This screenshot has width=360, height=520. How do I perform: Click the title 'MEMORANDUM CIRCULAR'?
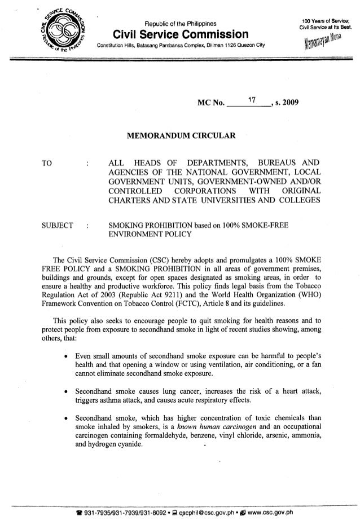pos(179,136)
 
